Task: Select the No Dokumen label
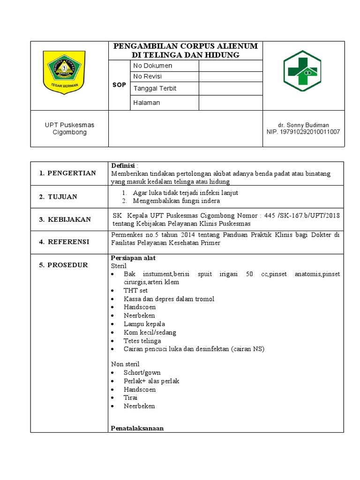coord(153,66)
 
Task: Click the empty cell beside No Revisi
coord(230,77)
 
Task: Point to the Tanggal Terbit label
coord(155,89)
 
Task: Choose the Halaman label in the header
coord(147,103)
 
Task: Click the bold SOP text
coord(119,85)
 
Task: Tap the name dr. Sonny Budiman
coord(303,125)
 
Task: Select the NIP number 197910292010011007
coord(303,132)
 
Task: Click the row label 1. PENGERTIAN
coord(67,173)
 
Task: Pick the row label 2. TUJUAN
coord(58,197)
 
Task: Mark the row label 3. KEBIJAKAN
coord(65,219)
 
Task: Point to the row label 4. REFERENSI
coord(64,242)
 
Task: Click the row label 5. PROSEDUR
coord(63,265)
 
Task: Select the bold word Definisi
coord(123,166)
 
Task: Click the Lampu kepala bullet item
coord(144,324)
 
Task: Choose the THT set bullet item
coord(135,291)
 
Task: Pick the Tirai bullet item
coord(130,397)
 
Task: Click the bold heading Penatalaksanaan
coord(137,428)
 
